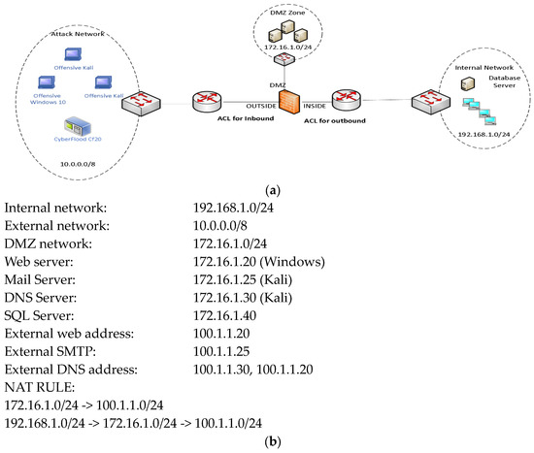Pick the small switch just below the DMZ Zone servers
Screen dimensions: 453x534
click(x=281, y=60)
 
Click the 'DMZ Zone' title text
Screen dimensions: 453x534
click(x=281, y=11)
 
